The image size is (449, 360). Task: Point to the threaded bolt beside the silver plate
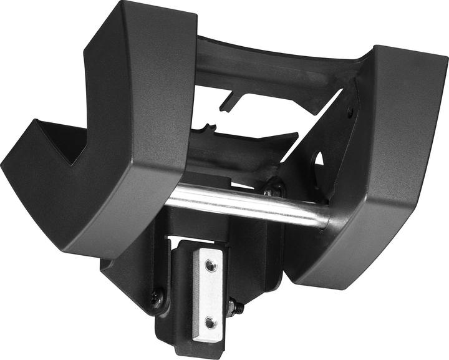(x=236, y=308)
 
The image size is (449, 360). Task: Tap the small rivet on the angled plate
(x=350, y=112)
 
